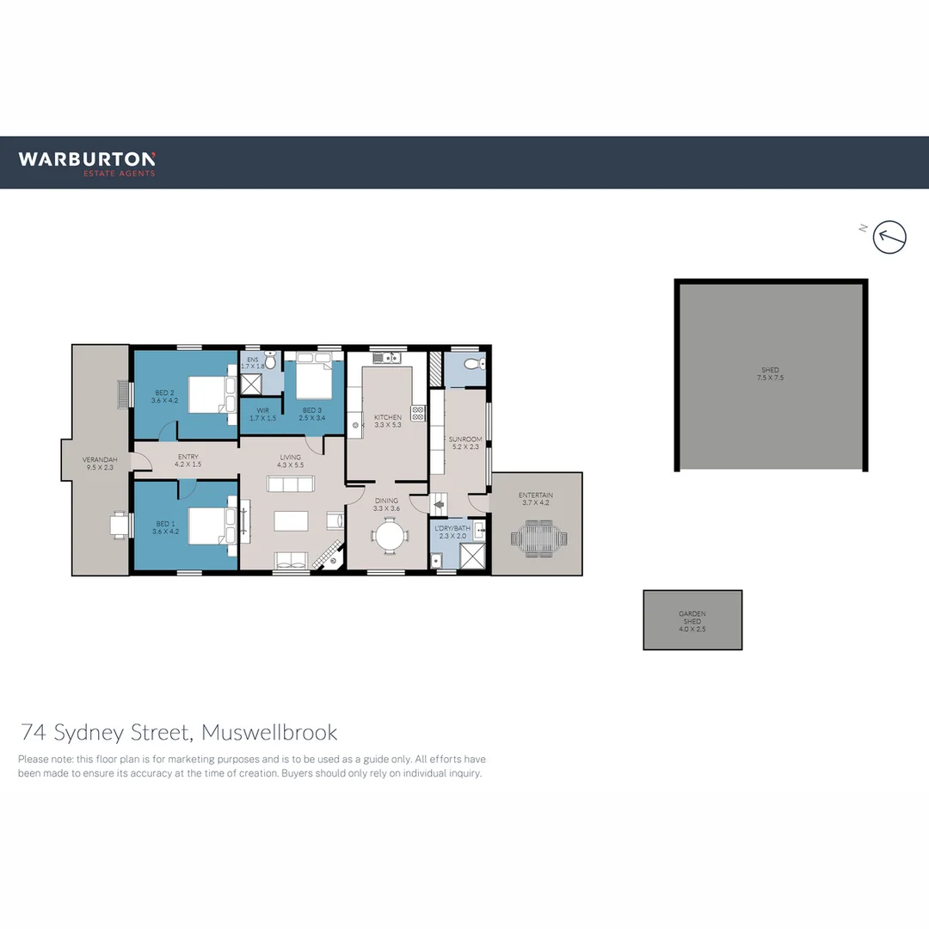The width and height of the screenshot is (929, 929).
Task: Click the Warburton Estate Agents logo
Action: click(87, 163)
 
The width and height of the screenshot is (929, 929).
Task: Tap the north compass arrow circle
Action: click(889, 237)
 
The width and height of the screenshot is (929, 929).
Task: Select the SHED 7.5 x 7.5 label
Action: click(770, 374)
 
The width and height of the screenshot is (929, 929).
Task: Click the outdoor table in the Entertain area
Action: click(539, 540)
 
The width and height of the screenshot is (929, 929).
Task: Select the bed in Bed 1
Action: click(208, 525)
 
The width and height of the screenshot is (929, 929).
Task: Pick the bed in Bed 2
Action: click(208, 395)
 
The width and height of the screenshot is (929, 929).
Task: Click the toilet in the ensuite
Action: click(270, 359)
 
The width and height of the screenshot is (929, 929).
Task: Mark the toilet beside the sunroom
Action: click(472, 365)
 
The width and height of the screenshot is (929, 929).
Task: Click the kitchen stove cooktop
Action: click(418, 412)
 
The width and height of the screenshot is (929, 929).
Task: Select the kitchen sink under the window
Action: click(388, 357)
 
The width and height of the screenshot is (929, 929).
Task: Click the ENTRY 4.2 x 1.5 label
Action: click(188, 461)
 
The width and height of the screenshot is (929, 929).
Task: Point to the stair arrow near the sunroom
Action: click(438, 506)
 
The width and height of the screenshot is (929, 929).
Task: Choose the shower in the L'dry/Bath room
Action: click(471, 557)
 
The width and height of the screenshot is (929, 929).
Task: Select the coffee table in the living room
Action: click(291, 521)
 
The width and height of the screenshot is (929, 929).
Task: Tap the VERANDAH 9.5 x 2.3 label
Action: click(97, 464)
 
